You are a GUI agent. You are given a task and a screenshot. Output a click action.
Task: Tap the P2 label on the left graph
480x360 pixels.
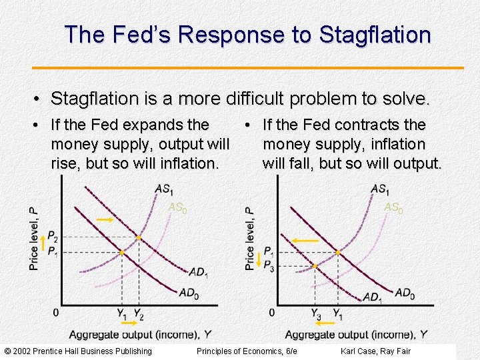pyautogui.click(x=53, y=237)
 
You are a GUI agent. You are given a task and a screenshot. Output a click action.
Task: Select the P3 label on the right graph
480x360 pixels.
pyautogui.click(x=268, y=267)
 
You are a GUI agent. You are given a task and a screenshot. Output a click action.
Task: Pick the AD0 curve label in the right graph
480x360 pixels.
pyautogui.click(x=404, y=293)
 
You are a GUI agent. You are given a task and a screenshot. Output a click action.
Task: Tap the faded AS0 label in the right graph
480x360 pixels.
pyautogui.click(x=393, y=209)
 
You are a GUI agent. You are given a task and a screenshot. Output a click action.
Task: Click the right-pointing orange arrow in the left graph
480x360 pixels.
pyautogui.click(x=105, y=219)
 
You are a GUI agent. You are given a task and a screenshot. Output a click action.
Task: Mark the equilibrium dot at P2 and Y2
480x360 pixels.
pyautogui.click(x=138, y=237)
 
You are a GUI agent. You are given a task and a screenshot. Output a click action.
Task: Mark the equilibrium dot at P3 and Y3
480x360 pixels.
pyautogui.click(x=315, y=266)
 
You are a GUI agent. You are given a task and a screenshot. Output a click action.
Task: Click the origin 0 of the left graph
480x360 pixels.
pyautogui.click(x=55, y=313)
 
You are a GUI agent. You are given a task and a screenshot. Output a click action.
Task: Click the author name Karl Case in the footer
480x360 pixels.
pyautogui.click(x=359, y=351)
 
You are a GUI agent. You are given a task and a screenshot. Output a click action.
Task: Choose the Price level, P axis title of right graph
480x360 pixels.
pyautogui.click(x=250, y=238)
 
